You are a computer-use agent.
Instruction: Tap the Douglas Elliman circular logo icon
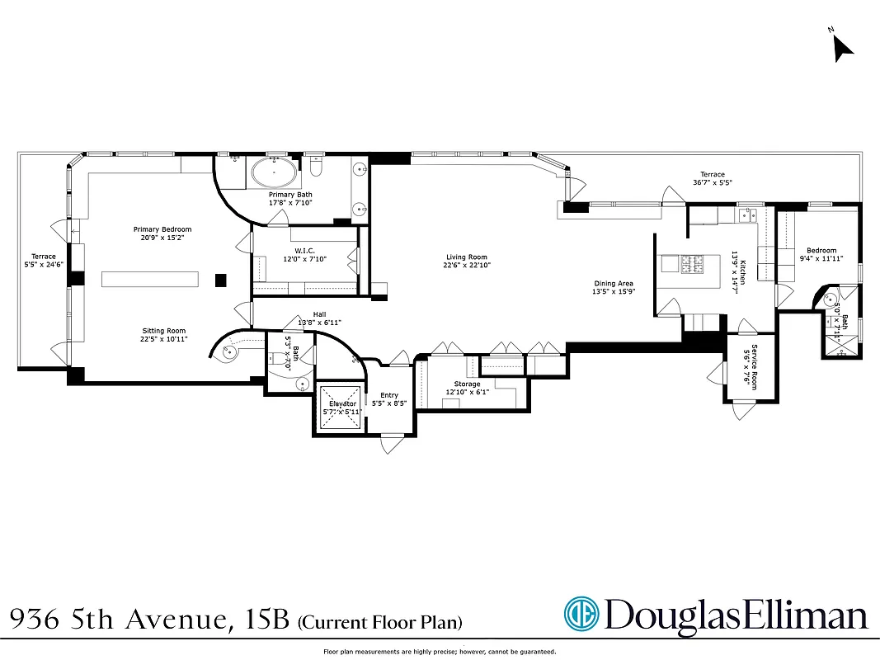pos(581,615)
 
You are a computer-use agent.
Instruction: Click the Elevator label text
pos(340,403)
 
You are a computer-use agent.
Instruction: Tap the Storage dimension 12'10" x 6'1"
pos(467,392)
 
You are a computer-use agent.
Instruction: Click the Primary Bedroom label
pos(162,229)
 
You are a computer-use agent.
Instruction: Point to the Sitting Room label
pos(162,330)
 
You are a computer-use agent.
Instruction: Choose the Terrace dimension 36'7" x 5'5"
pos(713,182)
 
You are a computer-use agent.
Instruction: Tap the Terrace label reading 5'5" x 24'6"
pos(43,261)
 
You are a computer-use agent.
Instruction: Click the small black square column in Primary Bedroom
pos(220,280)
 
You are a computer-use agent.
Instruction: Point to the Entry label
pos(388,396)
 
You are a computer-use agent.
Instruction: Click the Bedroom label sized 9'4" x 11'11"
pos(821,251)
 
